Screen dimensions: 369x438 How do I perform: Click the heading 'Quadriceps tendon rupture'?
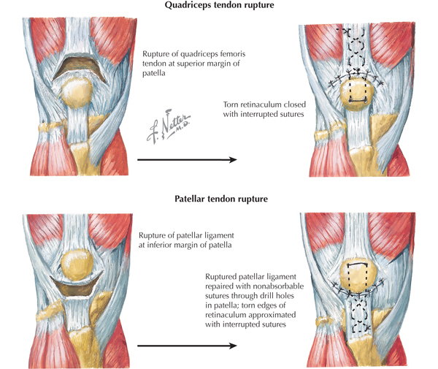[x=219, y=9]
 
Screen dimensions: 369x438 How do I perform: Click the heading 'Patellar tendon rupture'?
[x=219, y=198]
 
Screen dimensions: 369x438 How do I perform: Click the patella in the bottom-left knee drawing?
[x=74, y=265]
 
